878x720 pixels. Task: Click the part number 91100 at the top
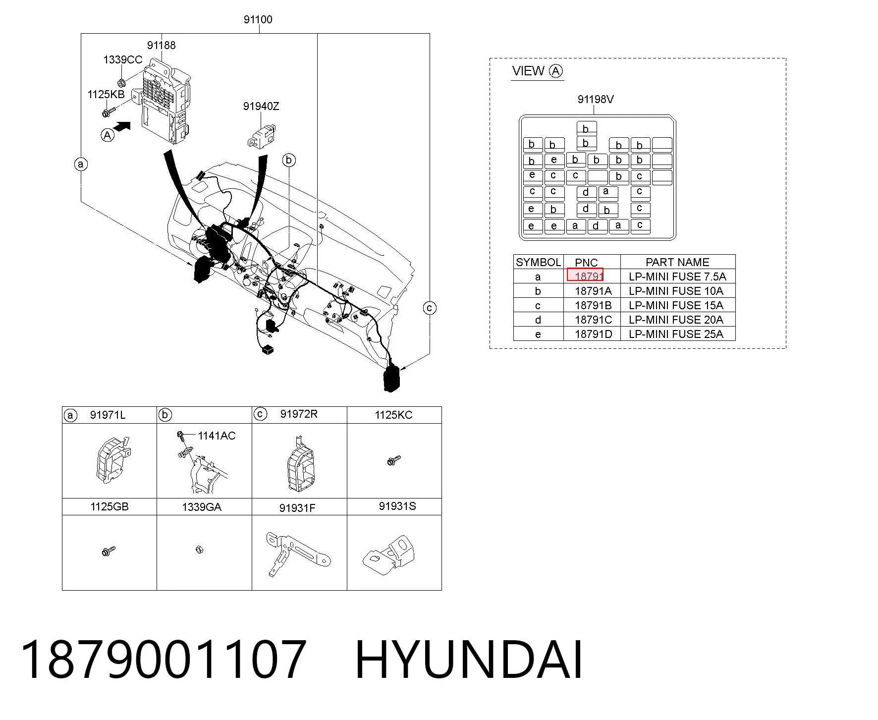click(x=258, y=20)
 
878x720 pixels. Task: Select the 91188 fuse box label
click(x=161, y=45)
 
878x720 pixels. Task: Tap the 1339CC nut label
click(x=122, y=60)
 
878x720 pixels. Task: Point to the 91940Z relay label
click(x=261, y=107)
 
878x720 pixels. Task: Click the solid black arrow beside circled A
click(x=122, y=127)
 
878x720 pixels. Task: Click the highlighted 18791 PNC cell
click(x=585, y=275)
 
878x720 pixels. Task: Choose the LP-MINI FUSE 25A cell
click(x=676, y=334)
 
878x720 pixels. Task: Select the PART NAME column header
click(x=677, y=262)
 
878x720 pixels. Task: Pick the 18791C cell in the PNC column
click(x=593, y=320)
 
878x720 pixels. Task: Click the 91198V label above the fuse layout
click(x=596, y=99)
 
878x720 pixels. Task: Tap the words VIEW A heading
click(x=538, y=71)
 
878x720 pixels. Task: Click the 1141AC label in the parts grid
click(x=217, y=436)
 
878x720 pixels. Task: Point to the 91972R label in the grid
click(x=299, y=414)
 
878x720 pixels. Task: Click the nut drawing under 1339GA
click(x=199, y=549)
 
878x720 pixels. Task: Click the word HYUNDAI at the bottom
click(x=469, y=660)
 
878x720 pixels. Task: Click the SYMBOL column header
click(x=538, y=262)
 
